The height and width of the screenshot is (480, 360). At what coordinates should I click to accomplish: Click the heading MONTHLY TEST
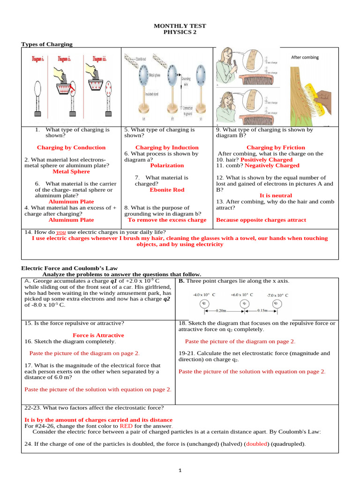click(x=180, y=26)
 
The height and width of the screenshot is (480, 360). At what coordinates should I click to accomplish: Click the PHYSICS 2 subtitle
click(x=180, y=32)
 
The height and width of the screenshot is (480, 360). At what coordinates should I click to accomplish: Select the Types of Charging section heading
click(x=47, y=44)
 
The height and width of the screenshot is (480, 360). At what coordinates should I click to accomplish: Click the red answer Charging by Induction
click(x=167, y=148)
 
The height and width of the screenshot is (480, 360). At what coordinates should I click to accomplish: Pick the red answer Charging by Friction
click(x=276, y=148)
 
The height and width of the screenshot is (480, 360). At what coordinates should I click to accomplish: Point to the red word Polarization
click(x=167, y=165)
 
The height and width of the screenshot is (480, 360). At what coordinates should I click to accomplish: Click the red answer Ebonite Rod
click(x=167, y=190)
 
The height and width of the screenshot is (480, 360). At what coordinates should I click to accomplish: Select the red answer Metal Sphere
click(x=71, y=172)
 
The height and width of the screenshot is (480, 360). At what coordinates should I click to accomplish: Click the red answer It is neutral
click(x=276, y=195)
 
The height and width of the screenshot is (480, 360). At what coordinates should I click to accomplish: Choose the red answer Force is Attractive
click(x=98, y=335)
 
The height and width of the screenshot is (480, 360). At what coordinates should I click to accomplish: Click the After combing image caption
click(x=305, y=57)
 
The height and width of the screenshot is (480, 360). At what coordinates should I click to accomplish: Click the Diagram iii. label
click(x=99, y=59)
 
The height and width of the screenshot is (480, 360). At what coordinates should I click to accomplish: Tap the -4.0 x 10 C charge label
click(x=204, y=295)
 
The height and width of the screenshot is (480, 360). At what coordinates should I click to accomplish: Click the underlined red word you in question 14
click(x=61, y=232)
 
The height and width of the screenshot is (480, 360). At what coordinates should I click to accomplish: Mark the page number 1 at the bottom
click(x=180, y=470)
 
